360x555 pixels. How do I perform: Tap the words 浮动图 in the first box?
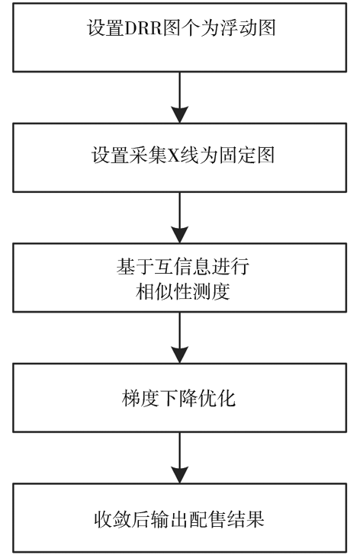(248, 28)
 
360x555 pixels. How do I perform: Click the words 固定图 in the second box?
(246, 156)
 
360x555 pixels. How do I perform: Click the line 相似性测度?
(182, 293)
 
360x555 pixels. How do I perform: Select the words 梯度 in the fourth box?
(140, 398)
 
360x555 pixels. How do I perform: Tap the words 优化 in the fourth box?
(217, 398)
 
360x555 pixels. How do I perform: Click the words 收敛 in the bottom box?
(113, 519)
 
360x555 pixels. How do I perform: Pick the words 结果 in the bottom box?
(246, 519)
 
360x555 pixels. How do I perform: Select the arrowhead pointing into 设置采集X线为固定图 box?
(179, 114)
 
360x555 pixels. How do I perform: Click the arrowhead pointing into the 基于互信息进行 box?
(179, 234)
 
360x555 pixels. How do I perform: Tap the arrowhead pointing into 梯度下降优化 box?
(179, 354)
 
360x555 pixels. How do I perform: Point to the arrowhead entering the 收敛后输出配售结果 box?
(179, 474)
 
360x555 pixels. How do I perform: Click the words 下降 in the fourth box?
(178, 398)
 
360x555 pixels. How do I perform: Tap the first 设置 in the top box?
(105, 28)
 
